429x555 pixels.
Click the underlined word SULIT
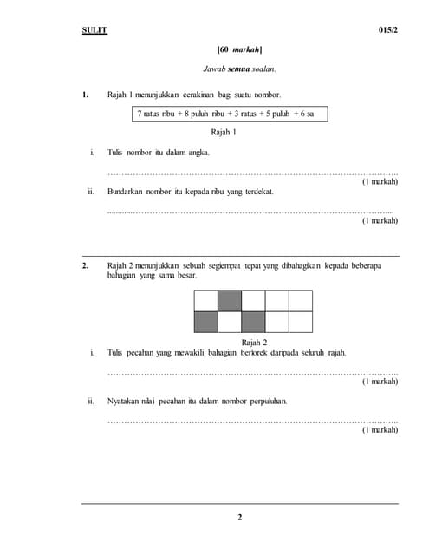point(94,30)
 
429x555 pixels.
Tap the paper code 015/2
point(388,30)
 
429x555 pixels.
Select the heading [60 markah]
point(239,49)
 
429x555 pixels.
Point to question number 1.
point(85,94)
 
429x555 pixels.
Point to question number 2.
point(85,265)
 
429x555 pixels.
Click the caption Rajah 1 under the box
point(224,132)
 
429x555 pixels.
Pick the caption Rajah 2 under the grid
point(254,342)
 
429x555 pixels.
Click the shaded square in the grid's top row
point(230,300)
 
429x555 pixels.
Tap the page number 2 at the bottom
point(240,518)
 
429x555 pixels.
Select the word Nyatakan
point(125,402)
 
